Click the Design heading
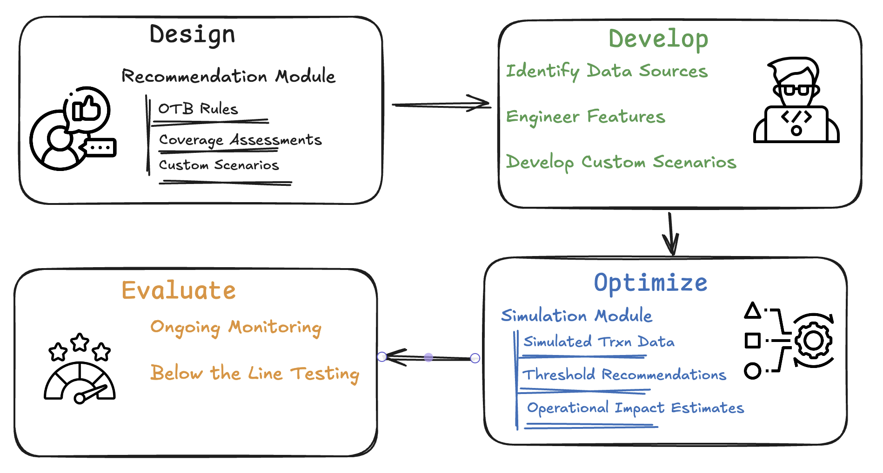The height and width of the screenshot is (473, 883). (192, 35)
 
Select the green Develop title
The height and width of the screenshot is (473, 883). (658, 39)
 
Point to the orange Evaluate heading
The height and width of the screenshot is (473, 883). (179, 290)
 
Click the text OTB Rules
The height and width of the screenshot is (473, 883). (198, 109)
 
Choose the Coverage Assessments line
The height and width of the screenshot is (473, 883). (241, 140)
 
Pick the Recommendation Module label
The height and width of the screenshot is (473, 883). (228, 76)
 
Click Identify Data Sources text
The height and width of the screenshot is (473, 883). (607, 71)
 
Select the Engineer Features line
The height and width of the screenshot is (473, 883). (586, 117)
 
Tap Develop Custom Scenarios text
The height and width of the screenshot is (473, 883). (621, 162)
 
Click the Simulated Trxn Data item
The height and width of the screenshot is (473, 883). (599, 342)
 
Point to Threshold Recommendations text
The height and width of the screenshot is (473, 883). (624, 374)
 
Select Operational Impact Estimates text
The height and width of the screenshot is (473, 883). (635, 408)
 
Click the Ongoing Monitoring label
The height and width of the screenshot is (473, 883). (236, 328)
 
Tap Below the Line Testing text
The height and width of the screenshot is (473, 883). (255, 374)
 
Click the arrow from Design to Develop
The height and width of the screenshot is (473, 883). (441, 105)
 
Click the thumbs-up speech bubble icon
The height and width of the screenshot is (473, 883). (87, 110)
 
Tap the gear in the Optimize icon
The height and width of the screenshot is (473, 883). (813, 341)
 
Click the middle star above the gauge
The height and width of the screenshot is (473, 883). (80, 343)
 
